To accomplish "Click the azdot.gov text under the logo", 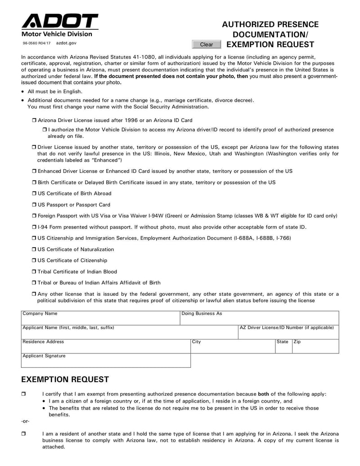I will coord(66,43).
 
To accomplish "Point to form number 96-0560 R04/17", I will coord(37,43).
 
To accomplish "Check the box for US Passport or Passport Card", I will coord(34,205).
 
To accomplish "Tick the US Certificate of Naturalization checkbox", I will coord(34,249).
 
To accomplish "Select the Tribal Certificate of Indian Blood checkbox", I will coord(34,272).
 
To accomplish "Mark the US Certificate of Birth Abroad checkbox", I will coord(34,194).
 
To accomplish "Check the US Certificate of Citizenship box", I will coord(34,261).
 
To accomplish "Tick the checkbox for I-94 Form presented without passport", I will coord(34,227).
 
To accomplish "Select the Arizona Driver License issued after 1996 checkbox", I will coord(34,121).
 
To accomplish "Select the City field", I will coord(232,348).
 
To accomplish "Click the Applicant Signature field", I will coord(106,362).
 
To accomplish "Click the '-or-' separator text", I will coord(26,421).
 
